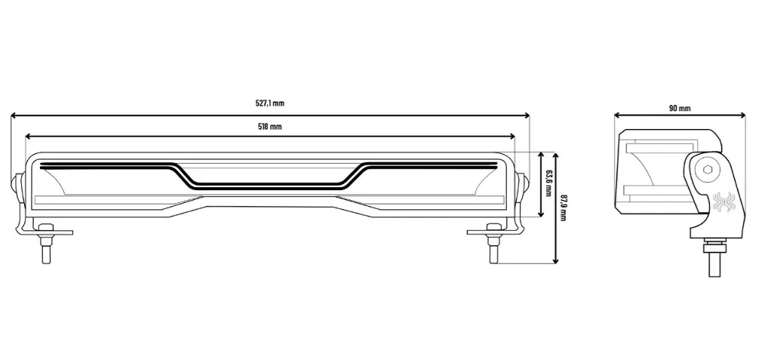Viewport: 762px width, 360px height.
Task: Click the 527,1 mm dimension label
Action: point(269,103)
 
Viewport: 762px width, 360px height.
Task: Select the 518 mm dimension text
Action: point(269,127)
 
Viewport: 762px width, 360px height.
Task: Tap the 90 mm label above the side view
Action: point(679,109)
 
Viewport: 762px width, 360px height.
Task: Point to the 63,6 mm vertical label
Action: point(548,183)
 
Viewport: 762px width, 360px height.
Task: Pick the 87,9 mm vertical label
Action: point(564,208)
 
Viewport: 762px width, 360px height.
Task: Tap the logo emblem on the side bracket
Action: point(723,202)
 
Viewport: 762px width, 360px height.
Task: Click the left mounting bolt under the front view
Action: point(45,243)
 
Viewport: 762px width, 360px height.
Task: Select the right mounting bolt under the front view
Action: point(493,243)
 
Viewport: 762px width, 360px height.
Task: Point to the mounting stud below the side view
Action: point(714,257)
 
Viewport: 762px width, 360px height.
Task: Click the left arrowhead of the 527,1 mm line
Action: point(14,115)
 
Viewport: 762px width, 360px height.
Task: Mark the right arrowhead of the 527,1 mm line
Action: point(527,115)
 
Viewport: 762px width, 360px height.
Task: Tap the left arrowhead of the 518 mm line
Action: point(28,137)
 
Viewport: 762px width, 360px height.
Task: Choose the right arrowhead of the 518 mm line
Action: point(512,137)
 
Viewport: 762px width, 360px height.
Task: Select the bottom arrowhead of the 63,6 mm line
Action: point(542,214)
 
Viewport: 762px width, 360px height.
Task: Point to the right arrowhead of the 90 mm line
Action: point(742,115)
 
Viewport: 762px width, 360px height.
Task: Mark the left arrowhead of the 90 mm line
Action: point(618,115)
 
